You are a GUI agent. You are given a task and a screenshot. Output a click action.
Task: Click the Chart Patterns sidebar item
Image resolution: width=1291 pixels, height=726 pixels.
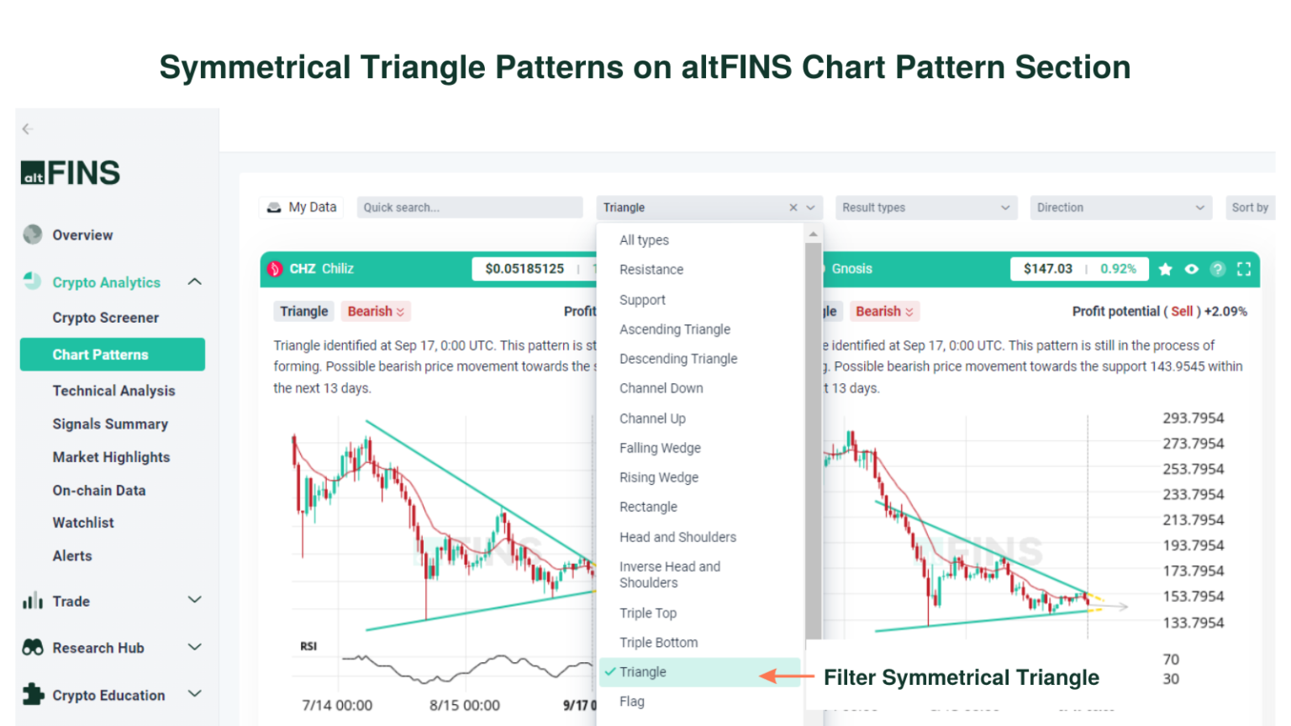coord(112,355)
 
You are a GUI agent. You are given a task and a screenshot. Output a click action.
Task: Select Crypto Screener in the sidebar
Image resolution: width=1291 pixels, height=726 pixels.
coord(105,318)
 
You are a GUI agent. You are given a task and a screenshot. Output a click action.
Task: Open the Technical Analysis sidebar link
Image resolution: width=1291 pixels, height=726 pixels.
coord(113,391)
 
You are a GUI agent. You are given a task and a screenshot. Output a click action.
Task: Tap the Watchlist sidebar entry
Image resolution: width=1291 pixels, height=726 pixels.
coord(83,523)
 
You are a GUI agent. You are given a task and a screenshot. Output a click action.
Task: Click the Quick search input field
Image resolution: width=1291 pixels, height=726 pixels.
coord(469,208)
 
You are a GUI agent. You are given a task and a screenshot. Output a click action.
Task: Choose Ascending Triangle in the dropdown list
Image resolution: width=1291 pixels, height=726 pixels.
coord(675,329)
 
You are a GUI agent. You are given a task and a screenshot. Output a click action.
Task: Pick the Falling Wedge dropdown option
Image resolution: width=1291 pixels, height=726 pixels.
coord(660,448)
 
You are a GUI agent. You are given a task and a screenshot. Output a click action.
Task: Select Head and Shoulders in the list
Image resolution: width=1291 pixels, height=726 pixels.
coord(677,537)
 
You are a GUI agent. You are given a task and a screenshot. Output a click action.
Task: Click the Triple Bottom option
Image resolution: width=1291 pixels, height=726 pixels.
coord(658,643)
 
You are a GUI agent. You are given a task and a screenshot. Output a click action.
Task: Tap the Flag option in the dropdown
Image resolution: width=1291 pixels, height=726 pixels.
coord(632,702)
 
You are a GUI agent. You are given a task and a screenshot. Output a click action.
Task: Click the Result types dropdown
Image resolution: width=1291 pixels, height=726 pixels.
coord(925,208)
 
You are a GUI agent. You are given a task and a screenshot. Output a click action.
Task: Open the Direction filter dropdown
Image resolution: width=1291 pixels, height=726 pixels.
coord(1120,208)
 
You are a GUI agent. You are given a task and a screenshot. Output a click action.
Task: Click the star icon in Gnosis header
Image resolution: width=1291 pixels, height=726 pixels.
coord(1165,269)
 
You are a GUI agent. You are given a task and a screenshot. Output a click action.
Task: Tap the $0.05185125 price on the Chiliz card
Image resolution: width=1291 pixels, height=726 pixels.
coord(524,269)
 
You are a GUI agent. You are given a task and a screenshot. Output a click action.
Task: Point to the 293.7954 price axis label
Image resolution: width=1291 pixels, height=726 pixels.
coord(1193,418)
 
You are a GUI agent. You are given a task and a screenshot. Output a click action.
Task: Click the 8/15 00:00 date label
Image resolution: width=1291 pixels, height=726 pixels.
coord(464,706)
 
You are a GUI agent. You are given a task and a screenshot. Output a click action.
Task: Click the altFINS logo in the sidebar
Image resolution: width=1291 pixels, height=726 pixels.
coord(71,173)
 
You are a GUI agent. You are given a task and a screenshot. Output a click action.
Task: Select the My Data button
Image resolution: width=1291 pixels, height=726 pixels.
coord(302,208)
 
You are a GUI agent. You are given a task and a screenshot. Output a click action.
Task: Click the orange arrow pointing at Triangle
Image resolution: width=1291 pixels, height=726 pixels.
coord(786,676)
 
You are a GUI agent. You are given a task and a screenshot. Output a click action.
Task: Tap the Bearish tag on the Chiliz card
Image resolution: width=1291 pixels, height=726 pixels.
coord(376,312)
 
